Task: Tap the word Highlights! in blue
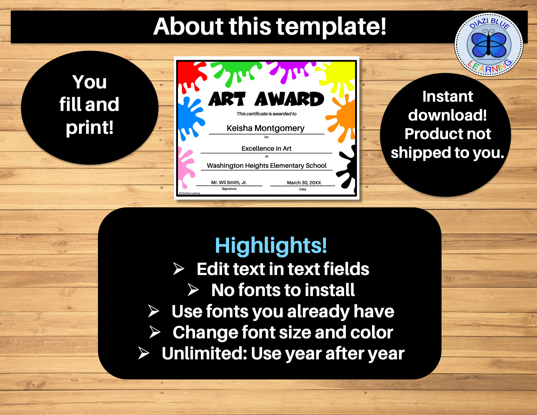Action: [x=271, y=246]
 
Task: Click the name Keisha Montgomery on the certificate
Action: [x=265, y=128]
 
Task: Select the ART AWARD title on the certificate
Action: [x=266, y=100]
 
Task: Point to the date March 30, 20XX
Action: [x=304, y=183]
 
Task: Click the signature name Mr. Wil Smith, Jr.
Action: [x=229, y=182]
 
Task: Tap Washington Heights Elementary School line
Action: [x=266, y=166]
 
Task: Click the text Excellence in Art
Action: [x=266, y=148]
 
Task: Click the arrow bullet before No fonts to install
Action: [x=193, y=290]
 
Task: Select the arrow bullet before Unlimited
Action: [x=144, y=353]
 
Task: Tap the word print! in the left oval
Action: [x=90, y=127]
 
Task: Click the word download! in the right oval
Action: [x=447, y=115]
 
